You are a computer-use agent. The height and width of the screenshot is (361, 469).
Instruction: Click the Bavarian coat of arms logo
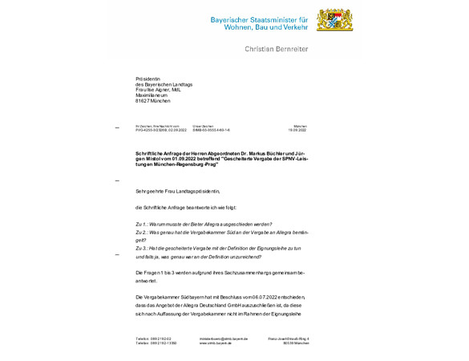334,20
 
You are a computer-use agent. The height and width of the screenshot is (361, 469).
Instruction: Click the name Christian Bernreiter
276,49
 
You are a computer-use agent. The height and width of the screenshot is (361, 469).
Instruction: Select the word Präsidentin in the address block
148,79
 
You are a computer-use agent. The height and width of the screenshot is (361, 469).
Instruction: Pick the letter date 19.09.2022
297,129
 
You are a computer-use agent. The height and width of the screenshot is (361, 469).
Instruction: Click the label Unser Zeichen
202,125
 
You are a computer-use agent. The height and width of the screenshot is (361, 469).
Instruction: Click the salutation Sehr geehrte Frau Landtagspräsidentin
178,191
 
